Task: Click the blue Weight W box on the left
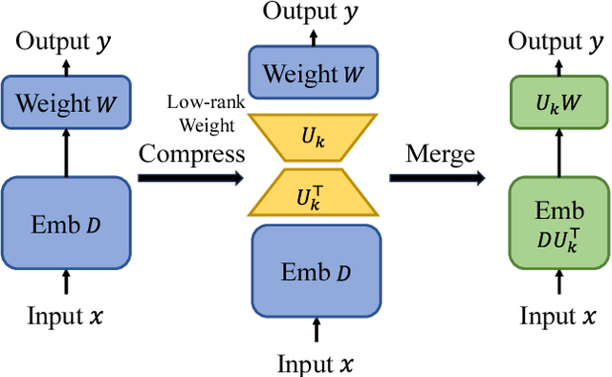click(x=66, y=102)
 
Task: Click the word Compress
click(x=192, y=153)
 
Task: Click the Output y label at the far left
click(x=66, y=42)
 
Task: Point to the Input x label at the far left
click(x=66, y=318)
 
